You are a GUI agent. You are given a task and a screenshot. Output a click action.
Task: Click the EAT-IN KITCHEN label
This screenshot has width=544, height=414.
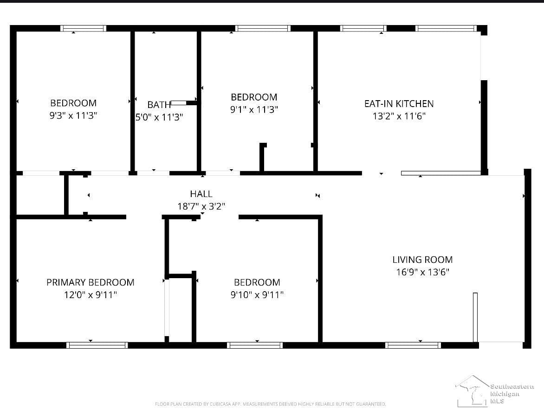pyautogui.click(x=399, y=103)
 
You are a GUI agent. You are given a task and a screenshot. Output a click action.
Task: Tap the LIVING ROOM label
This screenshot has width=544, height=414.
pyautogui.click(x=422, y=260)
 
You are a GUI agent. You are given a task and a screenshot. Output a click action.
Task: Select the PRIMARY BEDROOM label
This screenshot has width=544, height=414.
pyautogui.click(x=91, y=282)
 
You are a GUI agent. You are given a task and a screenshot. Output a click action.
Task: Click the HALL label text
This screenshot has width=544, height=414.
pyautogui.click(x=201, y=194)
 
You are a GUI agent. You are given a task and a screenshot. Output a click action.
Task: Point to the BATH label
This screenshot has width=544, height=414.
pyautogui.click(x=159, y=105)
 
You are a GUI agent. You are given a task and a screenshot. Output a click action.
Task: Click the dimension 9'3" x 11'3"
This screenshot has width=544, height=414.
pyautogui.click(x=73, y=115)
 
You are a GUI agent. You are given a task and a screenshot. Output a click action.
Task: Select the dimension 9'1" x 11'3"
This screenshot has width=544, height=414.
pyautogui.click(x=254, y=109)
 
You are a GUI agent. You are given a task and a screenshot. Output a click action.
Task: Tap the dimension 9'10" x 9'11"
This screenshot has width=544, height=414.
pyautogui.click(x=257, y=295)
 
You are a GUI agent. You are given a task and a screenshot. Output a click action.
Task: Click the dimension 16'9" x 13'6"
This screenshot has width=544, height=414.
pyautogui.click(x=422, y=272)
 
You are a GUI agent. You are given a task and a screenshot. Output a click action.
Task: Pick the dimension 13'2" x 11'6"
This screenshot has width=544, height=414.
pyautogui.click(x=399, y=116)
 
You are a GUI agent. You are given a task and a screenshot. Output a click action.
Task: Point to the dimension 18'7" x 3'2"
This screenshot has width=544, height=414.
pyautogui.click(x=201, y=206)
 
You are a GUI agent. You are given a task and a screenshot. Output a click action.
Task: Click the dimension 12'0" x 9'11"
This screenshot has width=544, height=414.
pyautogui.click(x=91, y=295)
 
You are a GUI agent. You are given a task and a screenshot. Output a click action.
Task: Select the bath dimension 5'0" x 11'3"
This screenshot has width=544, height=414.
pyautogui.click(x=159, y=117)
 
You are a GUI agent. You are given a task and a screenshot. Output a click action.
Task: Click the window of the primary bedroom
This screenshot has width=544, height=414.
pyautogui.click(x=97, y=345)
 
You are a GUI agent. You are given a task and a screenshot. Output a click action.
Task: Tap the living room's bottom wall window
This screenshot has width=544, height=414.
pyautogui.click(x=413, y=345)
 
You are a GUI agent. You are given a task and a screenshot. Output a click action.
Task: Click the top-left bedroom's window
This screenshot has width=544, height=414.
pyautogui.click(x=83, y=28)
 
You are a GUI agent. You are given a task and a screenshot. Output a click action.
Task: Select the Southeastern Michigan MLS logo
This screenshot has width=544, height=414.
pyautogui.click(x=495, y=391)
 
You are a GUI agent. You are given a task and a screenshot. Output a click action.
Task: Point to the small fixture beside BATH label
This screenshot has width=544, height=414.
pyautogui.click(x=184, y=103)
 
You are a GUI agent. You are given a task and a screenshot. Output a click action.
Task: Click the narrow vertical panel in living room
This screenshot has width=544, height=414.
pyautogui.click(x=475, y=318)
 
